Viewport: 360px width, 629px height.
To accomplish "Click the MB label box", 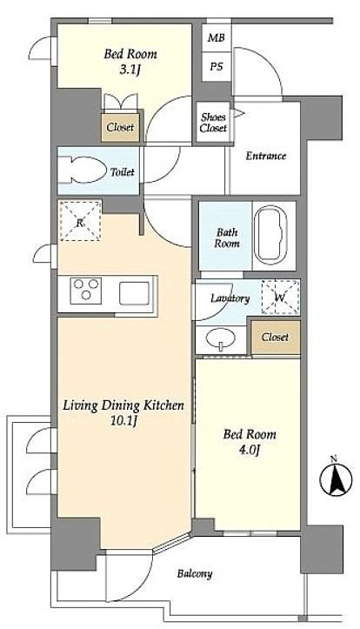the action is (x=217, y=38).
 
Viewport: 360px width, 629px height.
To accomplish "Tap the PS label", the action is (x=217, y=67).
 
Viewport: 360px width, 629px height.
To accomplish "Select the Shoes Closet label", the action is (x=213, y=123).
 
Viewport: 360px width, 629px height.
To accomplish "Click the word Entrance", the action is (x=266, y=156).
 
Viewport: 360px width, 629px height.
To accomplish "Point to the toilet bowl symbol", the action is (x=83, y=171).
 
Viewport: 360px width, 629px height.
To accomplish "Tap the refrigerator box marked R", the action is (x=80, y=221).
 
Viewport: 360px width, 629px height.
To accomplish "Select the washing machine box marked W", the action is (x=280, y=298).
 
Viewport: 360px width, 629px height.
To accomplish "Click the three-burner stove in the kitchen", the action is (x=86, y=290).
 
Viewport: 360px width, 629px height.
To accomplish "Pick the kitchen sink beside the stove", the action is (x=134, y=293).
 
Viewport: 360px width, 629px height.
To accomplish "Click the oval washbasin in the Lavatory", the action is (x=221, y=339).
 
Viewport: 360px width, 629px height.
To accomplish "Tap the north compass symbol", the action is (x=336, y=479).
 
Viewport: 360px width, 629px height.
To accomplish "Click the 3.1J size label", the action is (x=130, y=70).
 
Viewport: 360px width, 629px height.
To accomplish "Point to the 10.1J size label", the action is (x=124, y=422).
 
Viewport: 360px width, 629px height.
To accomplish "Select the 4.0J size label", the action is (x=250, y=451).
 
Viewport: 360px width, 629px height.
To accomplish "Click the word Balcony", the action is (x=195, y=573).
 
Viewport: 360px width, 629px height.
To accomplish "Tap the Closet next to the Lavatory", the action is (x=276, y=338).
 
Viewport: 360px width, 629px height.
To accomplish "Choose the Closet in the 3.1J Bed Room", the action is (x=120, y=128).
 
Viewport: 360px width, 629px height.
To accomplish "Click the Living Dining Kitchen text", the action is (x=123, y=406).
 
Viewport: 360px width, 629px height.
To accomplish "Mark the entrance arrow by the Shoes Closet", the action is (x=238, y=113).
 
